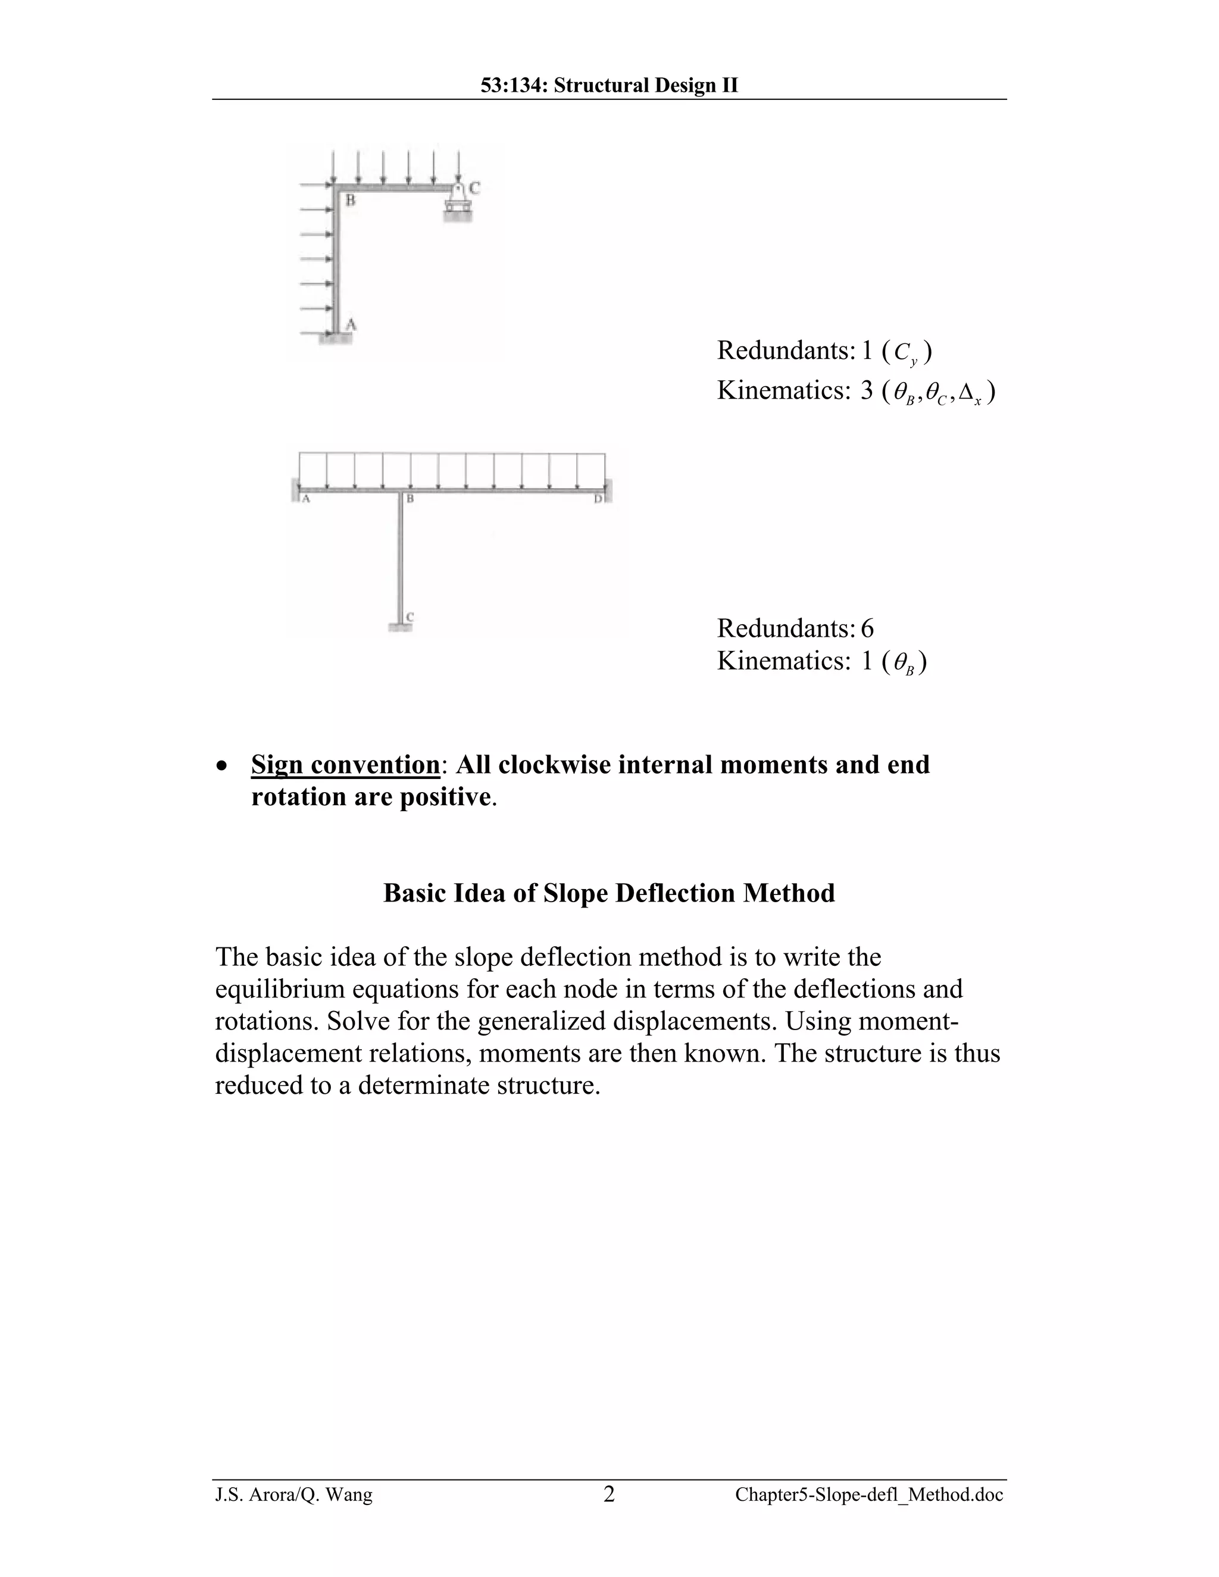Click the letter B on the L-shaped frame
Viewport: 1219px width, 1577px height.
tap(350, 201)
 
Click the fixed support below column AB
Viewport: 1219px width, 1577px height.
tap(336, 338)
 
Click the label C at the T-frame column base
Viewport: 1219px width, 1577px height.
tap(410, 617)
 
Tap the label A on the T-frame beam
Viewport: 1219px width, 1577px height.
tap(305, 499)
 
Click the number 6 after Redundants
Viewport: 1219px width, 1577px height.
tap(867, 628)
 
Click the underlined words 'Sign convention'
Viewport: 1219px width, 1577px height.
tap(345, 764)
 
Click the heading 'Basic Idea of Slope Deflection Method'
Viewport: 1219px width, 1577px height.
tap(609, 893)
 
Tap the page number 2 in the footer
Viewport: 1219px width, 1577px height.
tap(609, 1494)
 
